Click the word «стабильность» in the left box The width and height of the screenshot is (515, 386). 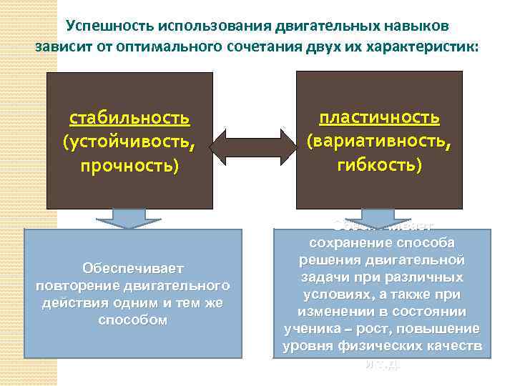pyautogui.click(x=129, y=118)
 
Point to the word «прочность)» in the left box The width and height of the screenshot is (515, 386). pyautogui.click(x=129, y=166)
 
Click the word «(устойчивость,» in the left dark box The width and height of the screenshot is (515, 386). pyautogui.click(x=129, y=142)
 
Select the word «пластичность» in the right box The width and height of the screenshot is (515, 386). pyautogui.click(x=379, y=117)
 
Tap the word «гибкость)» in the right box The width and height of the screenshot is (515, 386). pyautogui.click(x=379, y=164)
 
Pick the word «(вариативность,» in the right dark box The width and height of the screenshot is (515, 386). pyautogui.click(x=379, y=141)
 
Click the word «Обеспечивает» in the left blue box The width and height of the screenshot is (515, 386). pyautogui.click(x=133, y=268)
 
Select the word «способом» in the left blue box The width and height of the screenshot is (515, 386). pyautogui.click(x=133, y=320)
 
